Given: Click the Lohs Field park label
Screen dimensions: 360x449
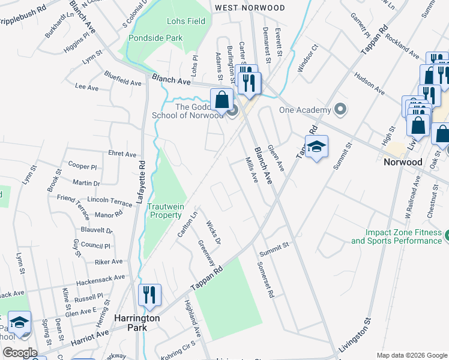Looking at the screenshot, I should (x=186, y=22).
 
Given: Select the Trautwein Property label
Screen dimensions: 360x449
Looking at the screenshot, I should (x=165, y=211).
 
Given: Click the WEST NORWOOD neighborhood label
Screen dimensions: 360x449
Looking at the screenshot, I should (x=250, y=8).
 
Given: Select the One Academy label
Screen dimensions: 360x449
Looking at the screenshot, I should (x=305, y=110).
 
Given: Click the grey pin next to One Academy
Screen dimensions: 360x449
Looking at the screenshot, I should (x=341, y=110).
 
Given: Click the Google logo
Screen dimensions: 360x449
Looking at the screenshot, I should (x=20, y=353).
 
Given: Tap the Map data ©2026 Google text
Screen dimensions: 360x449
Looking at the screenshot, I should (x=412, y=355).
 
